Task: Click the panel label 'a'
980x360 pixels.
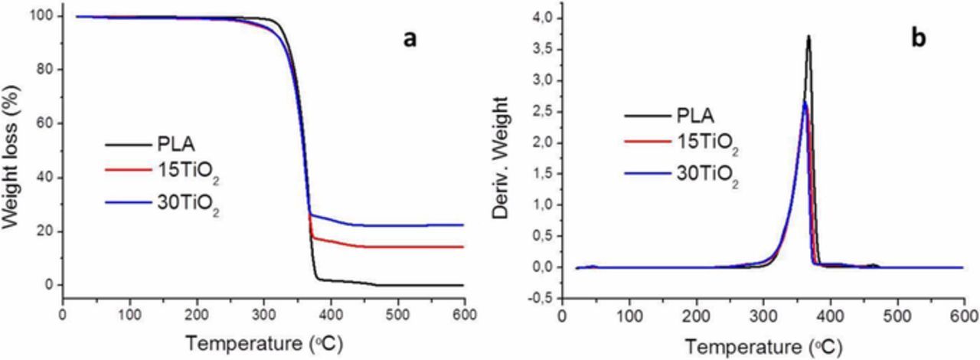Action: (x=410, y=40)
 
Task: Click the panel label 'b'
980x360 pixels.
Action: (x=917, y=40)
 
